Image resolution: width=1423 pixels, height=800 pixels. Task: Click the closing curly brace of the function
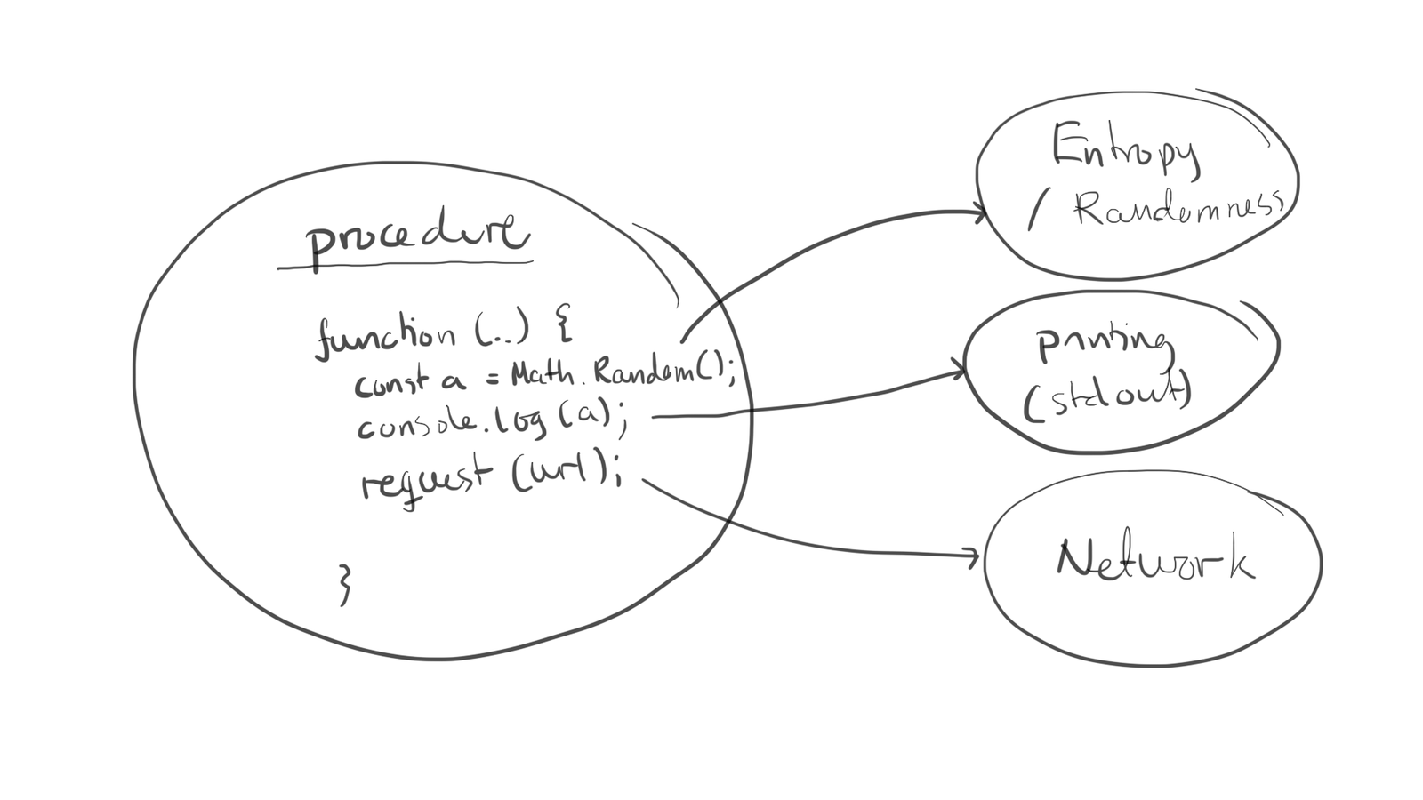346,584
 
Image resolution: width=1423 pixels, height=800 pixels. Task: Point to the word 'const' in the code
391,383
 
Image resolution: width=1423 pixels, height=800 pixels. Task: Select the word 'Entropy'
1125,149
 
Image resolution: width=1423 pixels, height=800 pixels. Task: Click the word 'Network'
1154,560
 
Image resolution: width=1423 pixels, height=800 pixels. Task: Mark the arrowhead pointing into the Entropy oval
980,213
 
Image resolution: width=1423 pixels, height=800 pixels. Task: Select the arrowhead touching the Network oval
972,557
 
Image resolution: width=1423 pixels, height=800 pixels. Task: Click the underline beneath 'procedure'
405,264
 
